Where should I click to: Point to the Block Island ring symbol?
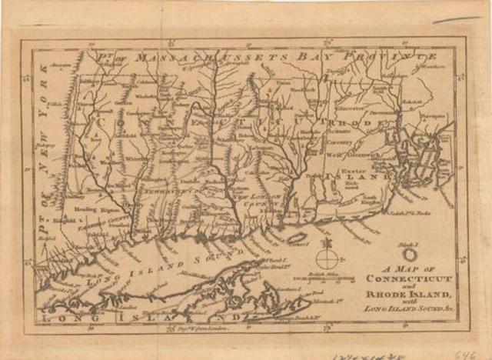point(411,252)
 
